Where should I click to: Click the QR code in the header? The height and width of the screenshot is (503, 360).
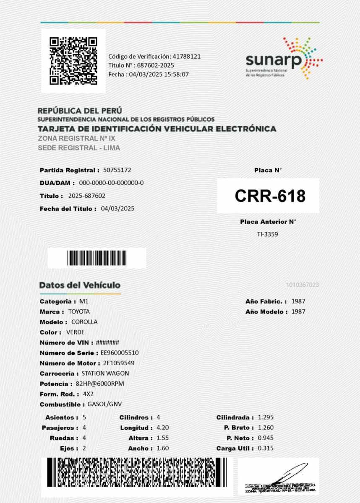73,61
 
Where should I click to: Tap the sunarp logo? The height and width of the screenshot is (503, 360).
284,59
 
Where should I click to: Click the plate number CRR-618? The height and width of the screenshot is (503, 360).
270,196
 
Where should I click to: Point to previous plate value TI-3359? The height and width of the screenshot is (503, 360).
268,234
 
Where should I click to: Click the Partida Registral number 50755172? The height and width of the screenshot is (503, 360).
117,170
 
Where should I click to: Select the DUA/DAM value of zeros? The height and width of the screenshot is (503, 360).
111,183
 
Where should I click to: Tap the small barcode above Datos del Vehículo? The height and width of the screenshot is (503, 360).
97,258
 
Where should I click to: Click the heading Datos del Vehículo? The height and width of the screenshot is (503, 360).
80,285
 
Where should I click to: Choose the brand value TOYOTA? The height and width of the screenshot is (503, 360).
79,311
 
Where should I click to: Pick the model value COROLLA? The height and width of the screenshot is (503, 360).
84,322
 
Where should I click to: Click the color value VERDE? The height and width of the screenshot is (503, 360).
76,332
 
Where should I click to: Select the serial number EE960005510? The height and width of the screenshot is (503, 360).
120,353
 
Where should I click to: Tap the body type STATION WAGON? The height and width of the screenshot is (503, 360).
105,373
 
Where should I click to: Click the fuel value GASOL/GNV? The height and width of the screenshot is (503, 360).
104,404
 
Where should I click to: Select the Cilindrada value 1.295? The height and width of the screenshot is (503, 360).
266,417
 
